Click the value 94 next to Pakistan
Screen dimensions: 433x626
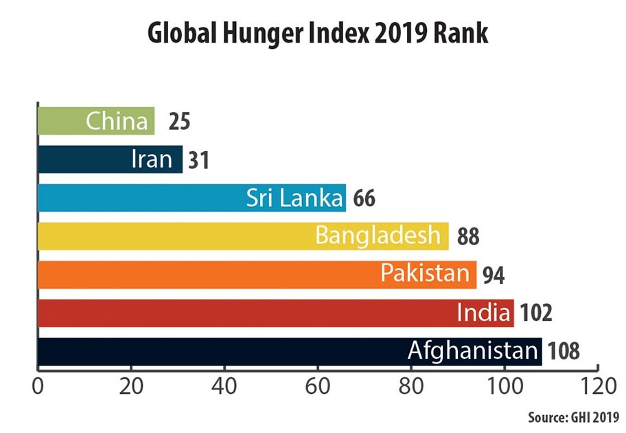493,275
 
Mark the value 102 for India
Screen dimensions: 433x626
536,313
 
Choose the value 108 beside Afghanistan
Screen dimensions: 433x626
564,352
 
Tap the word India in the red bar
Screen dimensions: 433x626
483,313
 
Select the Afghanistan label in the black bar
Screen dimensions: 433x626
472,352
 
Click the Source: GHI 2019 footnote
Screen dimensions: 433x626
573,417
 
